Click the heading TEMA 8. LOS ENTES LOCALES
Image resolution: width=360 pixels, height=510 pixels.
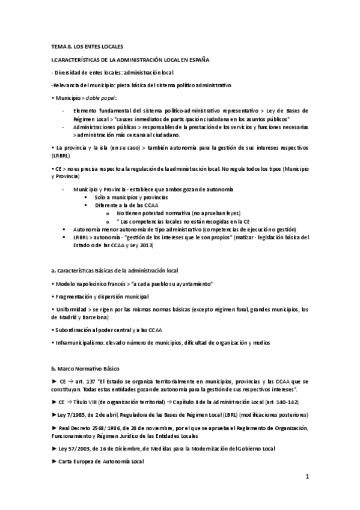[87, 46]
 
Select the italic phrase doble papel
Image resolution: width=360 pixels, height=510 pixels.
[102, 98]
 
